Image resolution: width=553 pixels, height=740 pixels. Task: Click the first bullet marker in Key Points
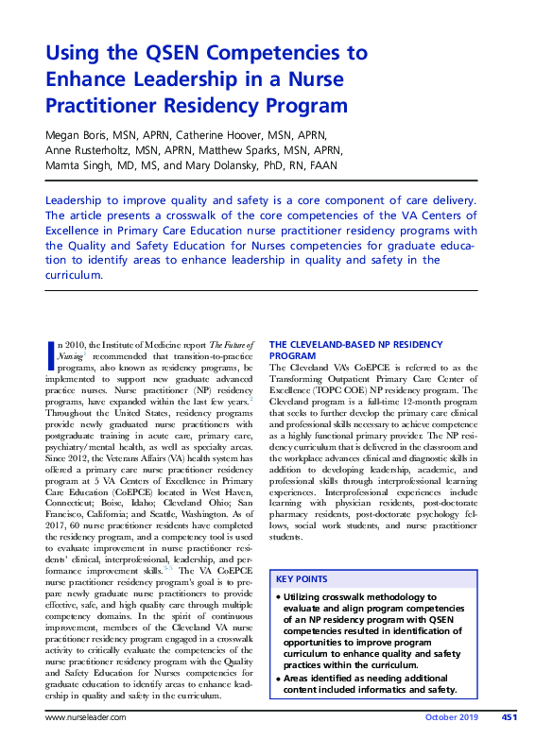click(x=278, y=597)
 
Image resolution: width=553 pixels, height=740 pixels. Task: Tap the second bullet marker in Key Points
click(x=278, y=677)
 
